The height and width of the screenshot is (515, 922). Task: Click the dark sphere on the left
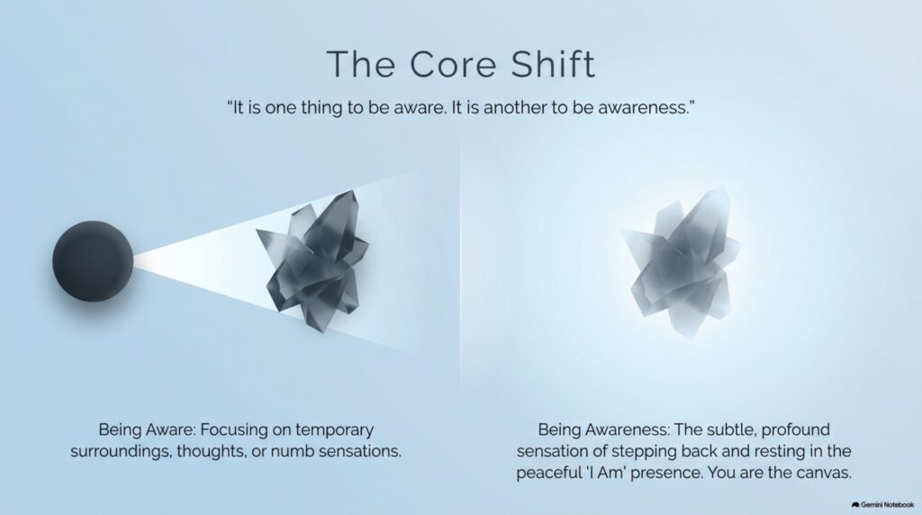[x=93, y=262]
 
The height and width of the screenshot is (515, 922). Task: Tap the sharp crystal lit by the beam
[x=312, y=260]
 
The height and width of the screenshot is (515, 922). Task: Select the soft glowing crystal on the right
[x=681, y=263]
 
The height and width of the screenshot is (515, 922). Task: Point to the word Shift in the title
[x=553, y=64]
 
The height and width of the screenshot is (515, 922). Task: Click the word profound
[x=796, y=429]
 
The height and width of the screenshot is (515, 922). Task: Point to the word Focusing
[x=234, y=430]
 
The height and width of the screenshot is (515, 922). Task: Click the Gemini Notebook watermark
[x=882, y=505]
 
